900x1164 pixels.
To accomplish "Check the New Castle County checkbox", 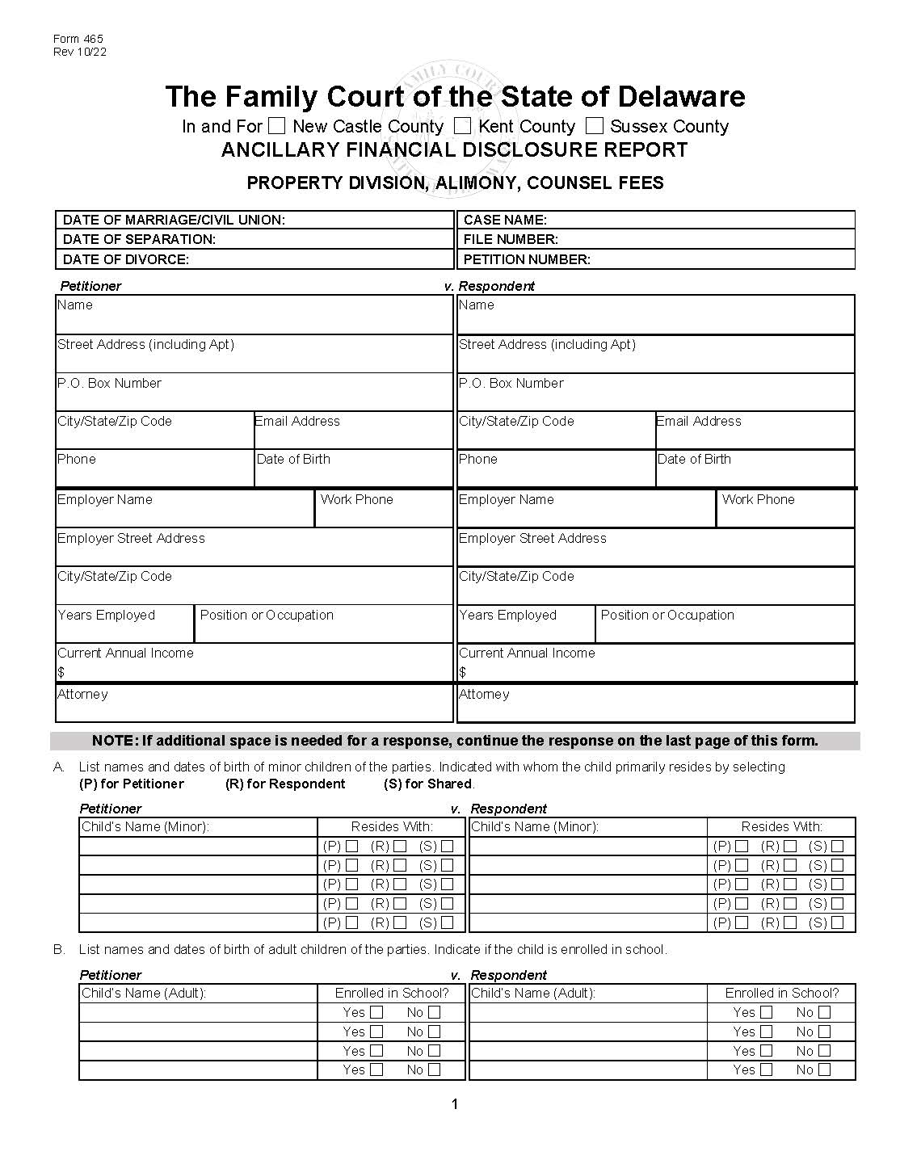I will pos(277,126).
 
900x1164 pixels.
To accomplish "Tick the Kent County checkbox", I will pos(462,126).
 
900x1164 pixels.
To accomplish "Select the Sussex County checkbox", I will pos(595,126).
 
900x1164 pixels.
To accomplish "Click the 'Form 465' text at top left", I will pos(78,39).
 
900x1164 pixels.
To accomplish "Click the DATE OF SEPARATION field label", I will pos(139,239).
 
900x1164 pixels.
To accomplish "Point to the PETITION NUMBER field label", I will pos(527,259).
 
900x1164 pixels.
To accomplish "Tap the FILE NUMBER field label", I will pos(511,239).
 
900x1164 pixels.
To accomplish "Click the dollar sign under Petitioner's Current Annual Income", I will pos(61,672).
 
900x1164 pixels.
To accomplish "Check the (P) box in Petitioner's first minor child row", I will pos(351,847).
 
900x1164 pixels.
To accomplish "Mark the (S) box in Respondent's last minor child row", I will pos(837,922).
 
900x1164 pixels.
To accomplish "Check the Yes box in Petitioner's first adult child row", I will pos(376,1012).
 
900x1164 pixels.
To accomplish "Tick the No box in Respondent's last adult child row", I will pos(824,1069).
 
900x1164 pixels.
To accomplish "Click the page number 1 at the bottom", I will pos(455,1104).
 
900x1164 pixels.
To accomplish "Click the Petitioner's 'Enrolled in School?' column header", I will pos(392,993).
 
